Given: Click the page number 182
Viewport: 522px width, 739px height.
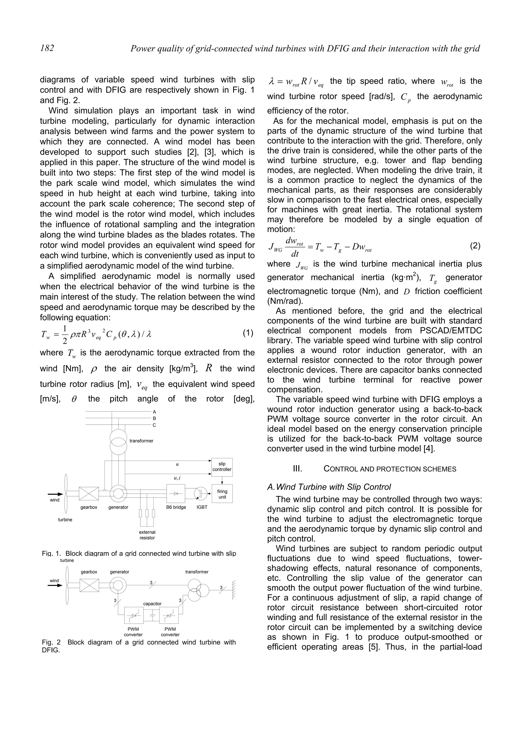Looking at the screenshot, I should click(47, 48).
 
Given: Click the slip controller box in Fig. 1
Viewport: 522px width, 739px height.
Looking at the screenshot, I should click(222, 467).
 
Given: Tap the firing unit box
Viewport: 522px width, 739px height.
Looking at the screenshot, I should click(222, 494).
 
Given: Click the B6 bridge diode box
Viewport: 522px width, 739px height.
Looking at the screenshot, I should click(176, 494).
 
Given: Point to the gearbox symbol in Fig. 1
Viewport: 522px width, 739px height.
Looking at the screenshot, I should click(89, 493).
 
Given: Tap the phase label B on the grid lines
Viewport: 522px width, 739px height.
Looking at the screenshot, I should click(154, 418).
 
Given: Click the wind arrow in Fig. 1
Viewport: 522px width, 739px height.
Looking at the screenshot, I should click(55, 494).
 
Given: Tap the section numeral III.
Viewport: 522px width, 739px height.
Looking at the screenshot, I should click(297, 469).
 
